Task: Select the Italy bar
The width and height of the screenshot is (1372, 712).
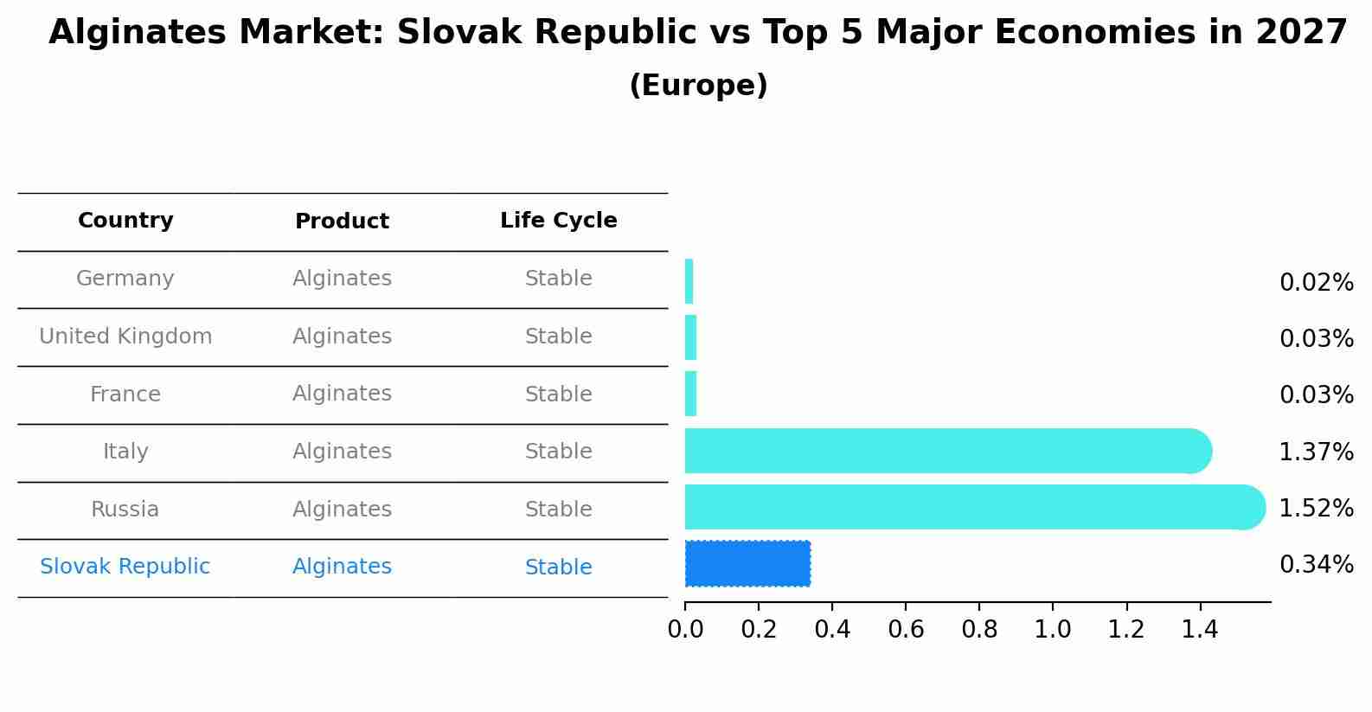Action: pyautogui.click(x=943, y=451)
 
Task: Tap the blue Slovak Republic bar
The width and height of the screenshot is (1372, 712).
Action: pyautogui.click(x=747, y=563)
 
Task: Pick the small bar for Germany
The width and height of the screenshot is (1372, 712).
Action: pyautogui.click(x=689, y=281)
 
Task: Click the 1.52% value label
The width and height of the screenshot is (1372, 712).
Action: pyautogui.click(x=1316, y=508)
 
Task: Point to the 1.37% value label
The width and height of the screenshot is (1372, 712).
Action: pyautogui.click(x=1316, y=452)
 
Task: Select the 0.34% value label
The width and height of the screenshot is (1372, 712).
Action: pyautogui.click(x=1316, y=565)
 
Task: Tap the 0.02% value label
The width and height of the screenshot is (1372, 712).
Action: pyautogui.click(x=1316, y=283)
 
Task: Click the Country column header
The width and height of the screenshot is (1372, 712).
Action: pyautogui.click(x=125, y=221)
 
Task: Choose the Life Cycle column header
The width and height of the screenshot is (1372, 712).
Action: pyautogui.click(x=558, y=221)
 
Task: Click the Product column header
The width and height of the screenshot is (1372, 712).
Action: pyautogui.click(x=342, y=221)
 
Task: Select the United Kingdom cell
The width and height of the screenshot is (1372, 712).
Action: pyautogui.click(x=125, y=337)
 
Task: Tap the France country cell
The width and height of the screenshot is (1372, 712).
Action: pyautogui.click(x=125, y=394)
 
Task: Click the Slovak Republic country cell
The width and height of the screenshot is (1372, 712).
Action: pyautogui.click(x=125, y=567)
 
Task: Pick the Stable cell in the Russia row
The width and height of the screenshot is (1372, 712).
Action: pyautogui.click(x=558, y=510)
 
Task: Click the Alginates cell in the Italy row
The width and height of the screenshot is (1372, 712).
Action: pyautogui.click(x=342, y=452)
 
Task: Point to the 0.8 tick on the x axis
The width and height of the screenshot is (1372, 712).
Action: pyautogui.click(x=979, y=629)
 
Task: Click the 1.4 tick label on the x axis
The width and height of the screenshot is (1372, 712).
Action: pyautogui.click(x=1200, y=629)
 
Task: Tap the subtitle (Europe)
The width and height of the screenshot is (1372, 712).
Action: pyautogui.click(x=698, y=86)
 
